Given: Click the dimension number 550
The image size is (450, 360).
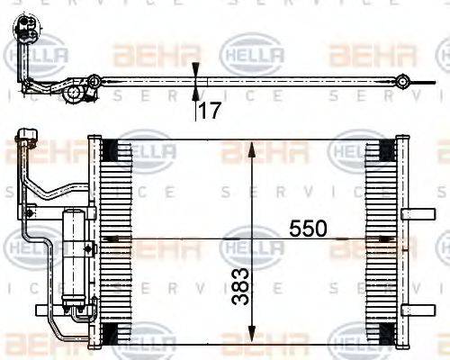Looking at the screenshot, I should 309,229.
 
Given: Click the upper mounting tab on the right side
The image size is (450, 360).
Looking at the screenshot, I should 416,214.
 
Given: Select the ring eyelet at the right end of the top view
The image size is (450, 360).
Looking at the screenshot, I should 405,83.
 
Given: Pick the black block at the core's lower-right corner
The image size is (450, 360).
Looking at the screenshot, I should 385,334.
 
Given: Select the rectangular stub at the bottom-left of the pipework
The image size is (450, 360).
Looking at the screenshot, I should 42,310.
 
